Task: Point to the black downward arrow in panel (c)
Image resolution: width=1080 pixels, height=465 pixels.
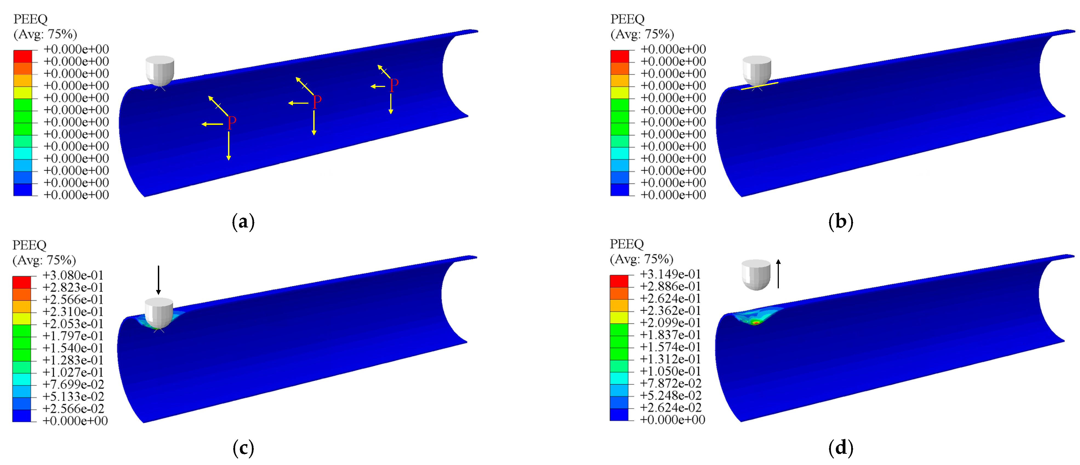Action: point(158,280)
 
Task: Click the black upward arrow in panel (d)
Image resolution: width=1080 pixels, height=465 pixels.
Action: point(778,274)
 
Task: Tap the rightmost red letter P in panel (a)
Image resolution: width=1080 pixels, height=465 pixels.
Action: point(394,85)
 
